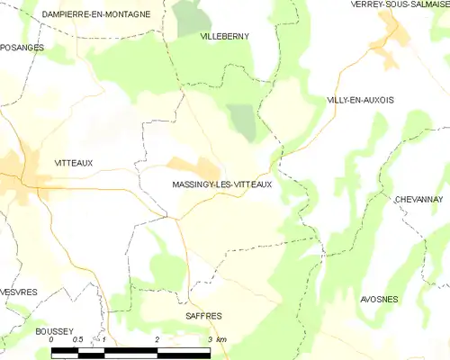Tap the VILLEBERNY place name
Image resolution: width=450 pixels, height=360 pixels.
click(x=224, y=36)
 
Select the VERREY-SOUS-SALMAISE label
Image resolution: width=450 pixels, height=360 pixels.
click(x=400, y=4)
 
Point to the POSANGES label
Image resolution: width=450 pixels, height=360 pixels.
click(x=22, y=47)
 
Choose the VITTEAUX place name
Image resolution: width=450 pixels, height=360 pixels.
click(x=74, y=163)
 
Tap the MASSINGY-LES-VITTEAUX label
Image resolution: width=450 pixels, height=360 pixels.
click(x=221, y=184)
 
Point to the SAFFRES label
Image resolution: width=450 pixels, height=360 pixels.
click(x=203, y=316)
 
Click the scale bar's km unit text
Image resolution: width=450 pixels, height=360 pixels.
click(x=221, y=339)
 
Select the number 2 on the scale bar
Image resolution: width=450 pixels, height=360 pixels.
click(x=157, y=339)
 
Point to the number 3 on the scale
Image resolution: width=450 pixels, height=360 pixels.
click(x=210, y=339)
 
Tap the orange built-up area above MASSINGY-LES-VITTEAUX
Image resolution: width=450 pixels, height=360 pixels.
click(x=196, y=167)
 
